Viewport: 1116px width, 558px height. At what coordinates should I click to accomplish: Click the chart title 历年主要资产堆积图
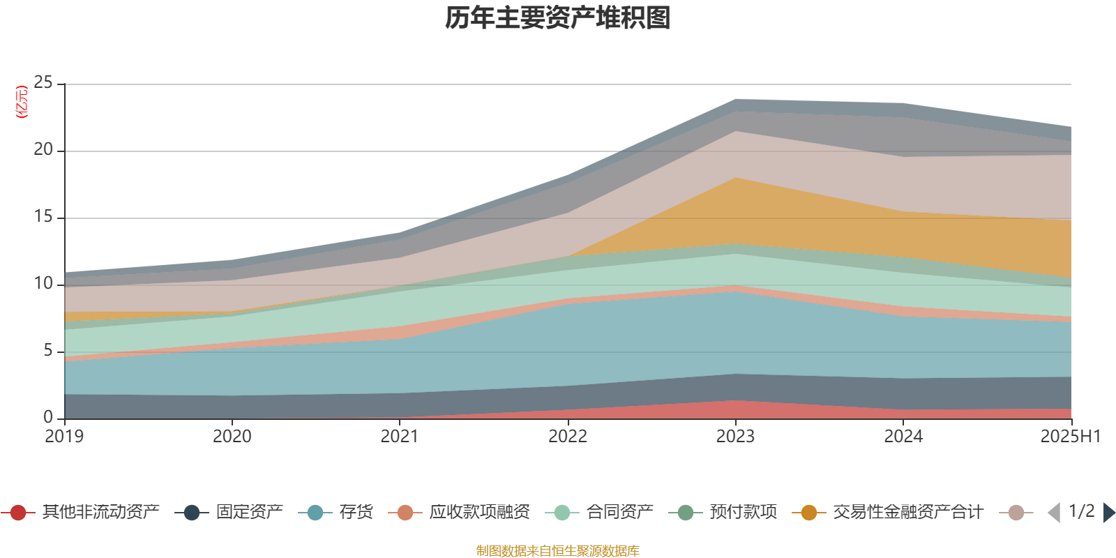coord(558,18)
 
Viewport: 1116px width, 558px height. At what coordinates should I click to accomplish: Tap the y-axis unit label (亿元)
coord(22,102)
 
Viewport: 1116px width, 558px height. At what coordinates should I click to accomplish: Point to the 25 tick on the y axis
coord(43,83)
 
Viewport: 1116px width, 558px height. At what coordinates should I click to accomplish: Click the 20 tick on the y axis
coord(43,150)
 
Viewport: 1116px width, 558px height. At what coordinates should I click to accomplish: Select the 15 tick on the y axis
coord(43,217)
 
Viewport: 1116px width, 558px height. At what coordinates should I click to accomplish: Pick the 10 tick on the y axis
coord(43,284)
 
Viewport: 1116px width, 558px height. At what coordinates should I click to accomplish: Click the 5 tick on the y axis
coord(48,351)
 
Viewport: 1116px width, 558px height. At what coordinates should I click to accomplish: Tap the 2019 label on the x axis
coord(64,437)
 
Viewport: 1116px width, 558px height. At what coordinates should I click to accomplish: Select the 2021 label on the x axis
coord(400,437)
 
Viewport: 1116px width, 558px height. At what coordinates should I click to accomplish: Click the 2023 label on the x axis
coord(735,437)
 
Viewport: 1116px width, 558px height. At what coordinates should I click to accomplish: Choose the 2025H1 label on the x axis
coord(1070,437)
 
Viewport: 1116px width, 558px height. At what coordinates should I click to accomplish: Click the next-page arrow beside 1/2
coord(1108,513)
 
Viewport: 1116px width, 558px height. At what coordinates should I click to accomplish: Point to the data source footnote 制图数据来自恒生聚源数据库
coord(558,551)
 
